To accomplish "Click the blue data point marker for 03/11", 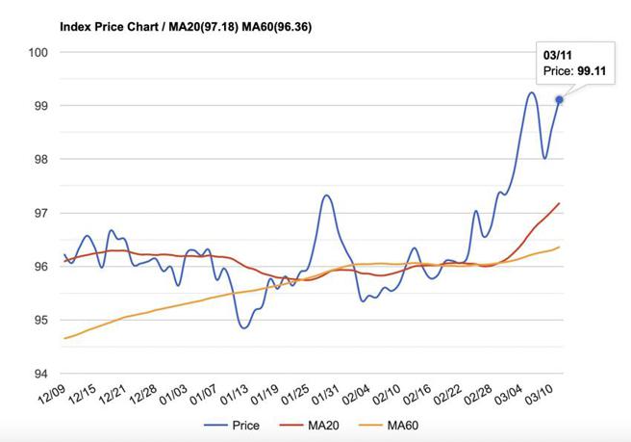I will [x=560, y=99].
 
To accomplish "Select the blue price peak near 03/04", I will [x=531, y=92].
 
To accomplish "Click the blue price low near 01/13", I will [x=243, y=328].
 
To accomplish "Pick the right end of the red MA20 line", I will [x=560, y=203].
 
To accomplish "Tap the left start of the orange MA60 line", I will [x=64, y=338].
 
